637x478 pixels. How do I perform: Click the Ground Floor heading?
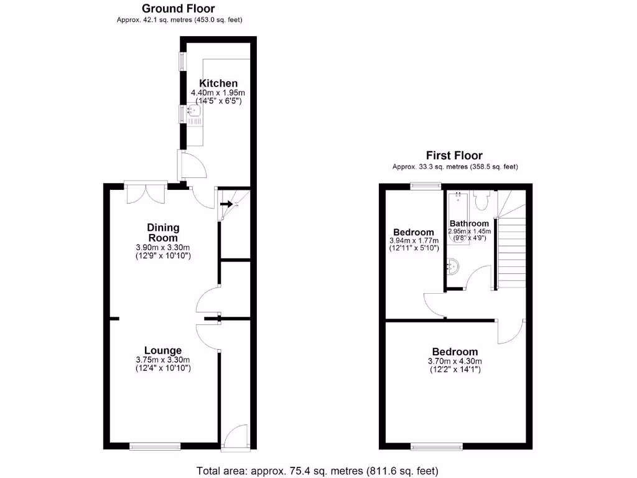[x=179, y=9]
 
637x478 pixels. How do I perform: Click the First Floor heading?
[x=454, y=156]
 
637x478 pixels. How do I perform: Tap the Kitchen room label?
[x=218, y=83]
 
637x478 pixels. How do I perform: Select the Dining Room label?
[x=162, y=232]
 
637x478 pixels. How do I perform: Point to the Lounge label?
[x=163, y=350]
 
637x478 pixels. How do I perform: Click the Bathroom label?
[x=470, y=223]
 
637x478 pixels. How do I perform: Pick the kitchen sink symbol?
[x=193, y=112]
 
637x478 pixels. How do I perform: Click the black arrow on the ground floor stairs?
[x=226, y=204]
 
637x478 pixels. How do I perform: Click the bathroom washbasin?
[x=452, y=266]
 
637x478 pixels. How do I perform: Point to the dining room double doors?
[x=146, y=193]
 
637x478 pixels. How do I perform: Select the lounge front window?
[x=155, y=445]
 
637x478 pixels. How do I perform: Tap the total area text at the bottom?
[x=317, y=470]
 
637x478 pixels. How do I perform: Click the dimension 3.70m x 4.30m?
[x=455, y=361]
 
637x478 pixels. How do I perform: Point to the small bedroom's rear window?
[x=425, y=185]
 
